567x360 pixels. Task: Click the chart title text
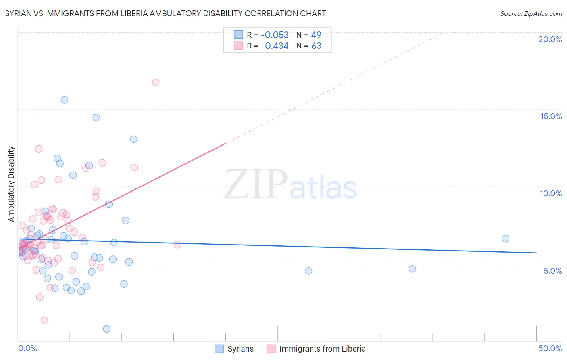tap(165, 13)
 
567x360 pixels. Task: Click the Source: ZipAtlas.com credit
tap(531, 13)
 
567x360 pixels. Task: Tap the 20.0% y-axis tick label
tap(550, 39)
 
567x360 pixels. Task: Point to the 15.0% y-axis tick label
tap(551, 116)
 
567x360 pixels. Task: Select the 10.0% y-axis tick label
tap(551, 193)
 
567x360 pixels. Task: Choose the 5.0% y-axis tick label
tap(552, 271)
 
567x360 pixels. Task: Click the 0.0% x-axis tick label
tap(27, 348)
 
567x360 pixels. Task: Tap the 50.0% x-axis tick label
tap(550, 348)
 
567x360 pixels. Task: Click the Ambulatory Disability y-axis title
tap(11, 184)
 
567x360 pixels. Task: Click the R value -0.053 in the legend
tap(275, 35)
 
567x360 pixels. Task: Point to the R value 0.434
tap(277, 46)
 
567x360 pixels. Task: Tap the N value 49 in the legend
tap(316, 35)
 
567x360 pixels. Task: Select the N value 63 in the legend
tap(316, 46)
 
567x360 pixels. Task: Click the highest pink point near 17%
tap(156, 82)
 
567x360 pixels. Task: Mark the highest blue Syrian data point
tap(65, 100)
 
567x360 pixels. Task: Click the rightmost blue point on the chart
tap(505, 239)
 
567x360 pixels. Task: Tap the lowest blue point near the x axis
tap(107, 329)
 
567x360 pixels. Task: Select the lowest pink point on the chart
tap(44, 320)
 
